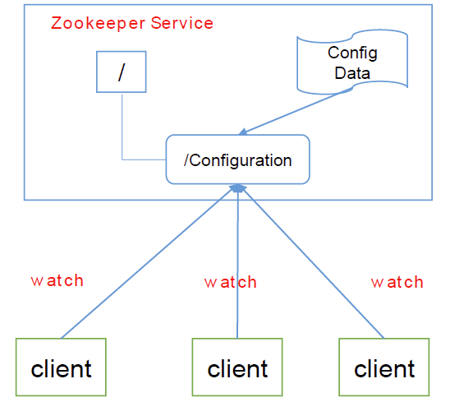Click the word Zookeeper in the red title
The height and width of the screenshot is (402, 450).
click(x=99, y=23)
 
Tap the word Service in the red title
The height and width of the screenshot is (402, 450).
click(x=182, y=23)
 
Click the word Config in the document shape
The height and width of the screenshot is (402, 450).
click(x=352, y=53)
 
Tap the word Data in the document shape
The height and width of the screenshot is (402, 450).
click(x=352, y=73)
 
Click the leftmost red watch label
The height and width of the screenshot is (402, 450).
click(x=57, y=280)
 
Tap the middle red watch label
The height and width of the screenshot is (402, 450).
click(x=231, y=282)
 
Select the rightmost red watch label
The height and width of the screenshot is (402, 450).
click(x=397, y=282)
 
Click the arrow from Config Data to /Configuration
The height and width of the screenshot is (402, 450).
click(x=296, y=112)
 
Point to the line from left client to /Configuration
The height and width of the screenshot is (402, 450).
click(x=148, y=262)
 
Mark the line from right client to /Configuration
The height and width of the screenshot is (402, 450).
click(x=314, y=263)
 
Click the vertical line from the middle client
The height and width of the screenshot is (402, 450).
click(x=237, y=263)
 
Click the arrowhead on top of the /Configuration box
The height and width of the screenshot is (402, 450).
click(x=243, y=132)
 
